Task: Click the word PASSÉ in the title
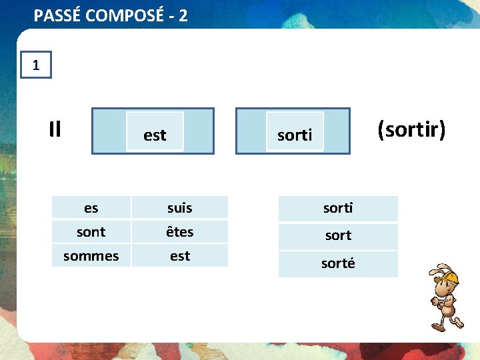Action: (55, 15)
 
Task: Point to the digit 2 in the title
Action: (183, 15)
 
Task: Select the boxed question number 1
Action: (36, 65)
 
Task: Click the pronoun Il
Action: (55, 129)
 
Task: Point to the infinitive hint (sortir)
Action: (411, 129)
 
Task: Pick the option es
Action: (91, 208)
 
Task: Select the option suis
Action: (179, 208)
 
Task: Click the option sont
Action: (91, 232)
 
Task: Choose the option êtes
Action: (179, 232)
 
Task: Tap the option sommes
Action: (91, 256)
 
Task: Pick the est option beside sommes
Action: (179, 256)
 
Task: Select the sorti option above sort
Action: (338, 208)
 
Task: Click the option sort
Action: (338, 235)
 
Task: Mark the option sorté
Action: (338, 263)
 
